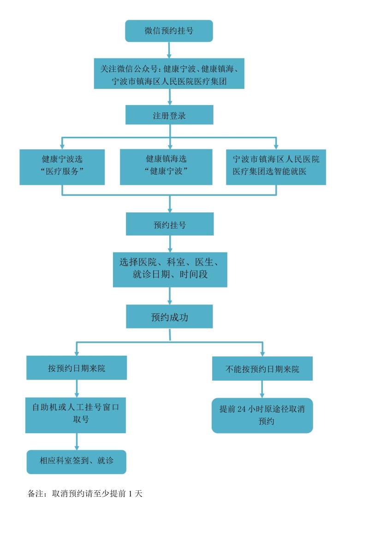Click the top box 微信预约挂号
click(x=169, y=31)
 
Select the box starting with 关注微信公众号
click(x=169, y=74)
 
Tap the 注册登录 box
click(x=169, y=115)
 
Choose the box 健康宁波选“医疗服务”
click(x=62, y=167)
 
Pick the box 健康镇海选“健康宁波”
click(x=166, y=167)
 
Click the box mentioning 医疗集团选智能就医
click(x=276, y=167)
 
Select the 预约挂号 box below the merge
click(x=170, y=224)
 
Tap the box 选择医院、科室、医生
click(x=170, y=270)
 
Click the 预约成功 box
click(x=169, y=317)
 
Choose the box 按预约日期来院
click(x=77, y=368)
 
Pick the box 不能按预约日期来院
click(x=262, y=369)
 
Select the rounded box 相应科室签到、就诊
click(x=77, y=462)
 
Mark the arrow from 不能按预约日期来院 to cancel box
click(x=262, y=389)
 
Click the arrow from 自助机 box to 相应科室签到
click(x=77, y=441)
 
